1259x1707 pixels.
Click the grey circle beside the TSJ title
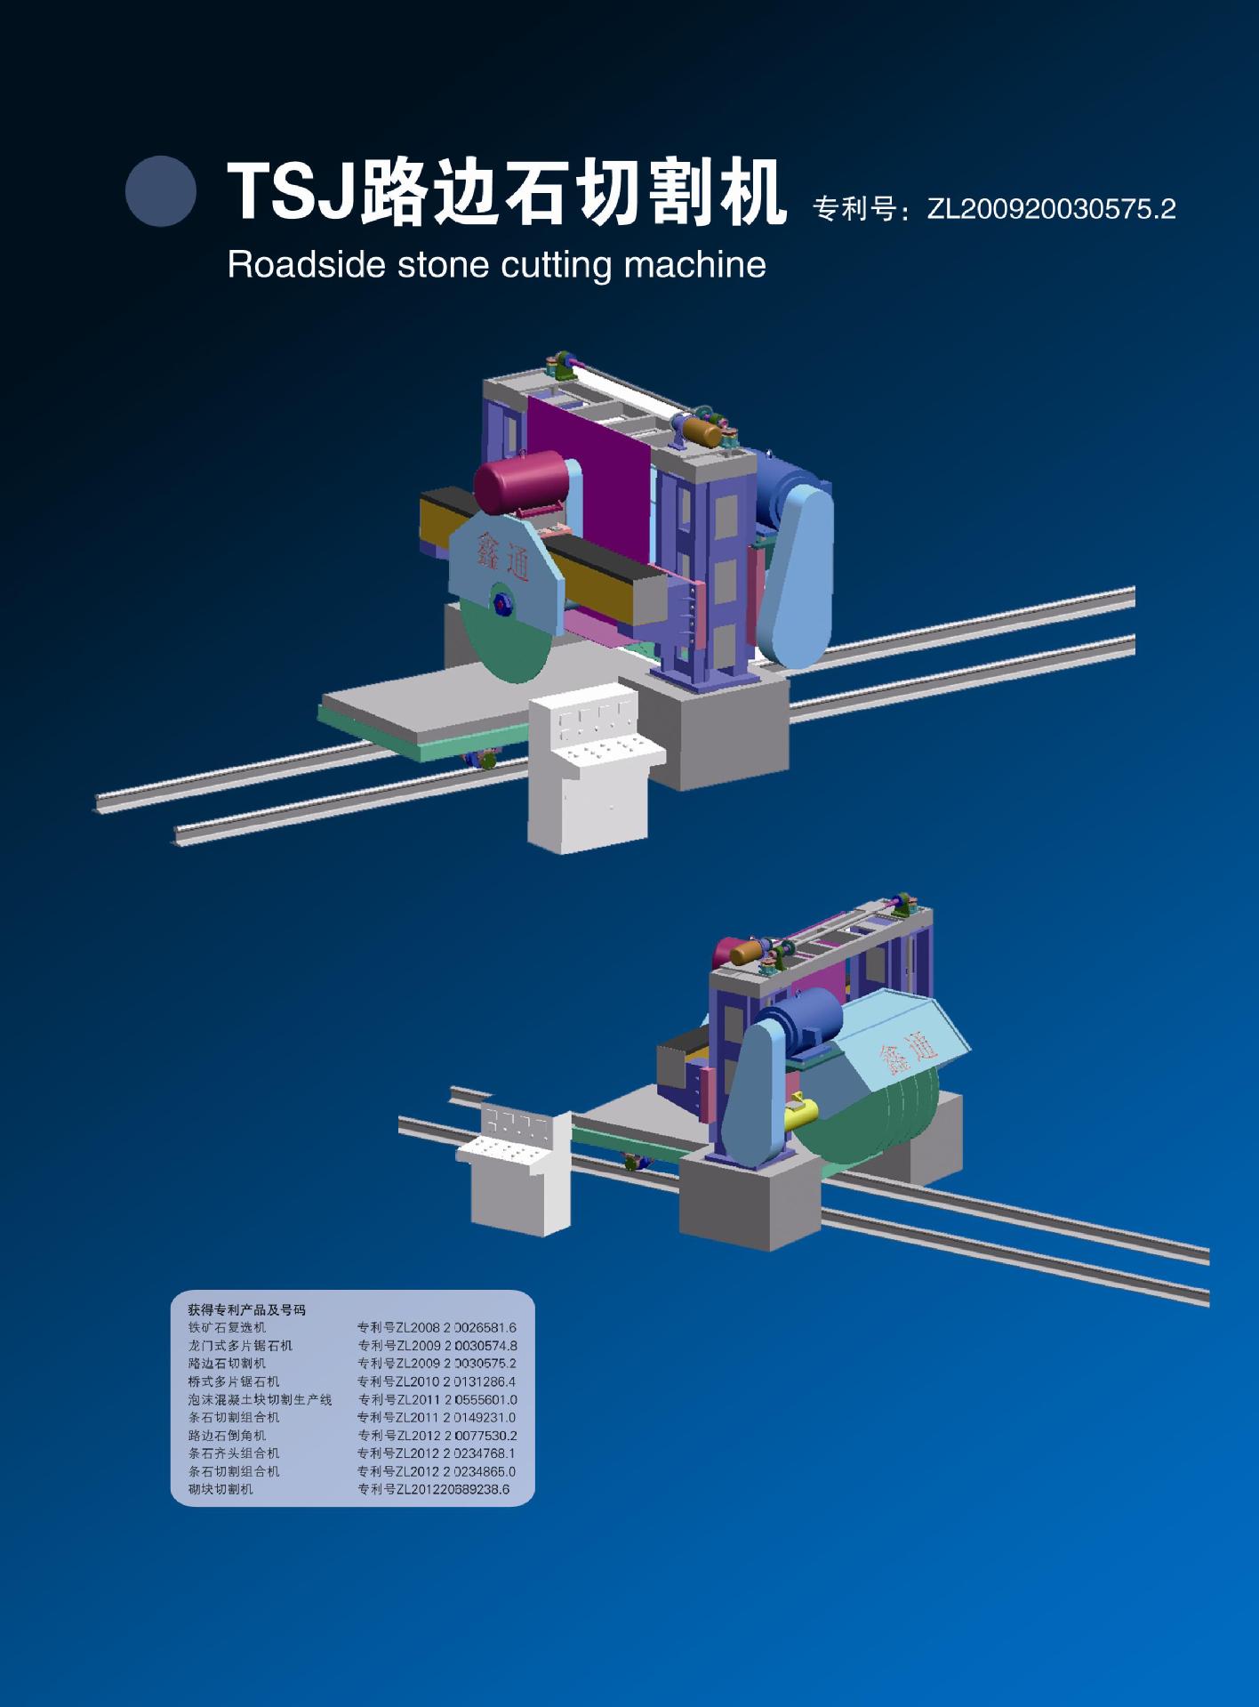tap(160, 190)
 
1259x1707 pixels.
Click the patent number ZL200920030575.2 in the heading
tap(1050, 209)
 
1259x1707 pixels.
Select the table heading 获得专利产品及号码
tap(246, 1310)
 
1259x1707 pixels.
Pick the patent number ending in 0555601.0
tap(437, 1400)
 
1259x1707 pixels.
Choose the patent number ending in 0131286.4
tap(437, 1381)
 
